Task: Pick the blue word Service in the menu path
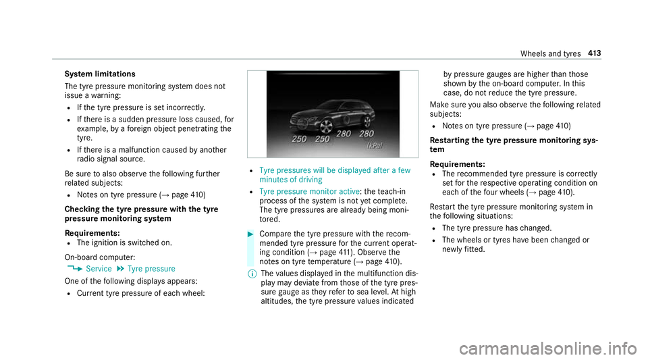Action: (x=100, y=268)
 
